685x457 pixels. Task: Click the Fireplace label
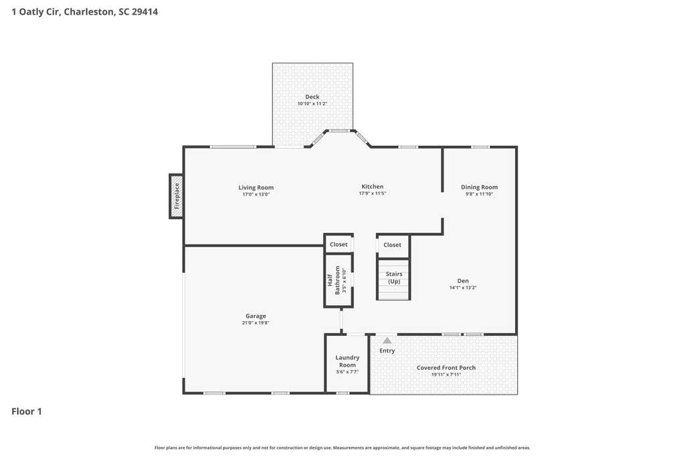[x=177, y=196]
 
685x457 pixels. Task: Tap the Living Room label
[x=256, y=187]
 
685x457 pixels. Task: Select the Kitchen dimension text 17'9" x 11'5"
[x=373, y=193]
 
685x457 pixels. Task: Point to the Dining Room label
[x=479, y=187]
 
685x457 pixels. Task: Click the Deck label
[x=312, y=97]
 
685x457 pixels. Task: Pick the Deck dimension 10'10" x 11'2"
[x=312, y=104]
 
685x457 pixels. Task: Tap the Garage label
[x=256, y=316]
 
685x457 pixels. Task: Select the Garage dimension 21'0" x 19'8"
[x=256, y=323]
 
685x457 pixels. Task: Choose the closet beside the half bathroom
[x=338, y=245]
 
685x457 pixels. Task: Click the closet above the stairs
[x=392, y=245]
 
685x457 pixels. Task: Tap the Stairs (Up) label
[x=394, y=278]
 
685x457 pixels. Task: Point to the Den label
[x=463, y=281]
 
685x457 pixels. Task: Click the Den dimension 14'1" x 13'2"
[x=463, y=288]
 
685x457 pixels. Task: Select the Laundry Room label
[x=347, y=361]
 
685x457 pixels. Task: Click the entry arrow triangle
[x=387, y=341]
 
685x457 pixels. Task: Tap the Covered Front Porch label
[x=446, y=368]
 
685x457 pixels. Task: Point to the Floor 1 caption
[x=27, y=412]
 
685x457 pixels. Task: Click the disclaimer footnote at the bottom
[x=342, y=448]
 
